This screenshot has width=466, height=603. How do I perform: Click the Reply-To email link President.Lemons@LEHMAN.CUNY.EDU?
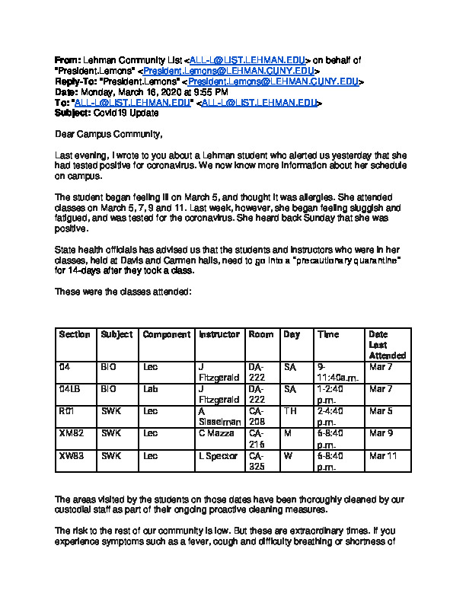273,81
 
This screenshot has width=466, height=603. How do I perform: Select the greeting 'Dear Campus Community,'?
109,135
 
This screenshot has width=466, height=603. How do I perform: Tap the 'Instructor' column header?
219,335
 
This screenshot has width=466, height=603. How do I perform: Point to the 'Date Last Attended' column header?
388,345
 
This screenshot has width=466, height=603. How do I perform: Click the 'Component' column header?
167,335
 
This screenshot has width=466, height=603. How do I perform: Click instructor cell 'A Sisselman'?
219,416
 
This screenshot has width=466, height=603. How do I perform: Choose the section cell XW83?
71,456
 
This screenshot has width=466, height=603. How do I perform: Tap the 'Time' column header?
328,335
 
